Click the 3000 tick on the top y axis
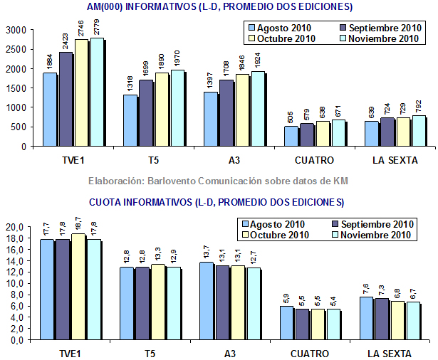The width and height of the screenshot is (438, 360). point(15,30)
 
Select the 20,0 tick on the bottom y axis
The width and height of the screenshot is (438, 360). point(15,227)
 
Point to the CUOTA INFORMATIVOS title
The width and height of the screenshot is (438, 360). point(217,202)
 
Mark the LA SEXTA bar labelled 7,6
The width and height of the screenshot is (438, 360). point(370,318)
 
